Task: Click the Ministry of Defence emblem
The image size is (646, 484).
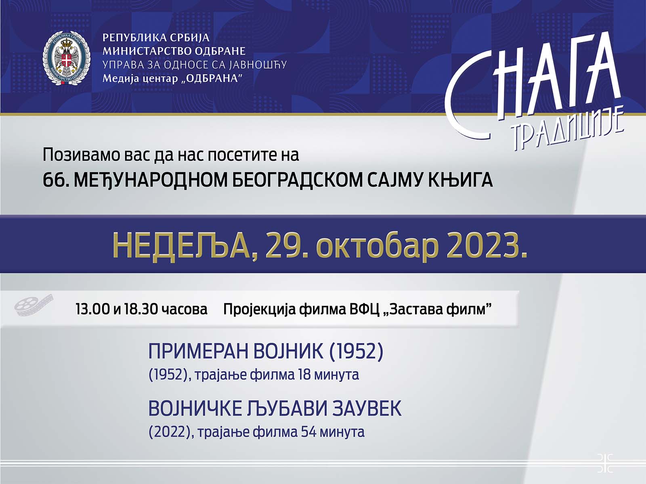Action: [67, 58]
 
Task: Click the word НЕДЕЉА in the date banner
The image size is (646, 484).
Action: [181, 247]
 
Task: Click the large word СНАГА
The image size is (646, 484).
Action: [533, 88]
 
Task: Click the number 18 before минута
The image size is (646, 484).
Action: [304, 375]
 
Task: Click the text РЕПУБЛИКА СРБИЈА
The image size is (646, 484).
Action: [156, 38]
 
